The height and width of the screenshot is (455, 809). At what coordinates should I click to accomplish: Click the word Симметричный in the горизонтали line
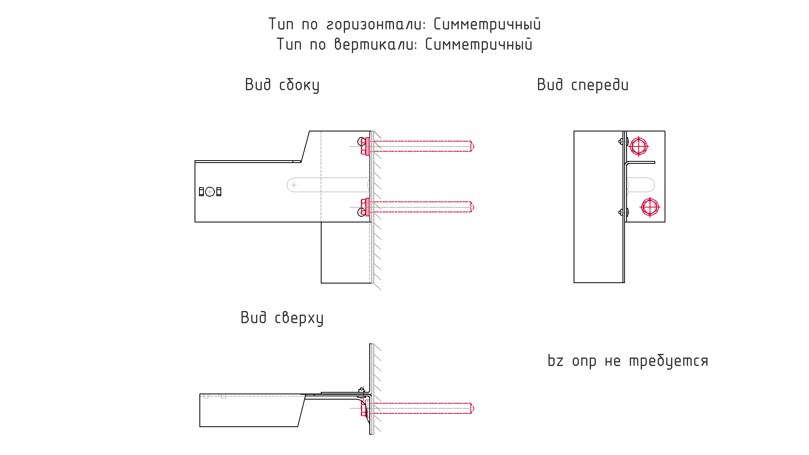(487, 24)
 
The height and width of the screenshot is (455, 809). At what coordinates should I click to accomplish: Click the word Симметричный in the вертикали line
(479, 44)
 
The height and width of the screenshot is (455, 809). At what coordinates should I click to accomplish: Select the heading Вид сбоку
(282, 85)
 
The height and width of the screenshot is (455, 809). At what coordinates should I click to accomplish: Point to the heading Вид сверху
(282, 318)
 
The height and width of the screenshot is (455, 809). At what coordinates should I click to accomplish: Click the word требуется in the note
(669, 361)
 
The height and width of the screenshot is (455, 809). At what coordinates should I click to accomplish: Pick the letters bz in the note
(555, 360)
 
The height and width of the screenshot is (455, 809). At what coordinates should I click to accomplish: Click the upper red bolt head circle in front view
(639, 146)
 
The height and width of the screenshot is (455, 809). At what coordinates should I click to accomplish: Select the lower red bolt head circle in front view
(650, 207)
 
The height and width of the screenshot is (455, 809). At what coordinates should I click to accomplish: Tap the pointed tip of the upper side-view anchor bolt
(474, 146)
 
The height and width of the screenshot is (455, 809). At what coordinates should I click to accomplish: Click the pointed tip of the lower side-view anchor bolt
(474, 207)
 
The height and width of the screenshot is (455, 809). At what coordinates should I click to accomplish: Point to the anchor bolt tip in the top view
(474, 408)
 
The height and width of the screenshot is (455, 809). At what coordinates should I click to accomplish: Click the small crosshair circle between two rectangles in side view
(210, 192)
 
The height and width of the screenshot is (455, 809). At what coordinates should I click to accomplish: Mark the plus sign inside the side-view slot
(294, 185)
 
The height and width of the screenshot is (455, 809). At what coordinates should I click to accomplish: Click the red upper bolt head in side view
(365, 146)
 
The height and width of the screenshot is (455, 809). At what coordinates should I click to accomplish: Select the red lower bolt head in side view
(365, 207)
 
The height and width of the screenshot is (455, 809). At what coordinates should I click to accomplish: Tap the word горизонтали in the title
(376, 25)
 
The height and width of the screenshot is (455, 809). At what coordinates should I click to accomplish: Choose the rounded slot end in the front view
(650, 185)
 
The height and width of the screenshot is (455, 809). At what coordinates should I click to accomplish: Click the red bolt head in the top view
(364, 408)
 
